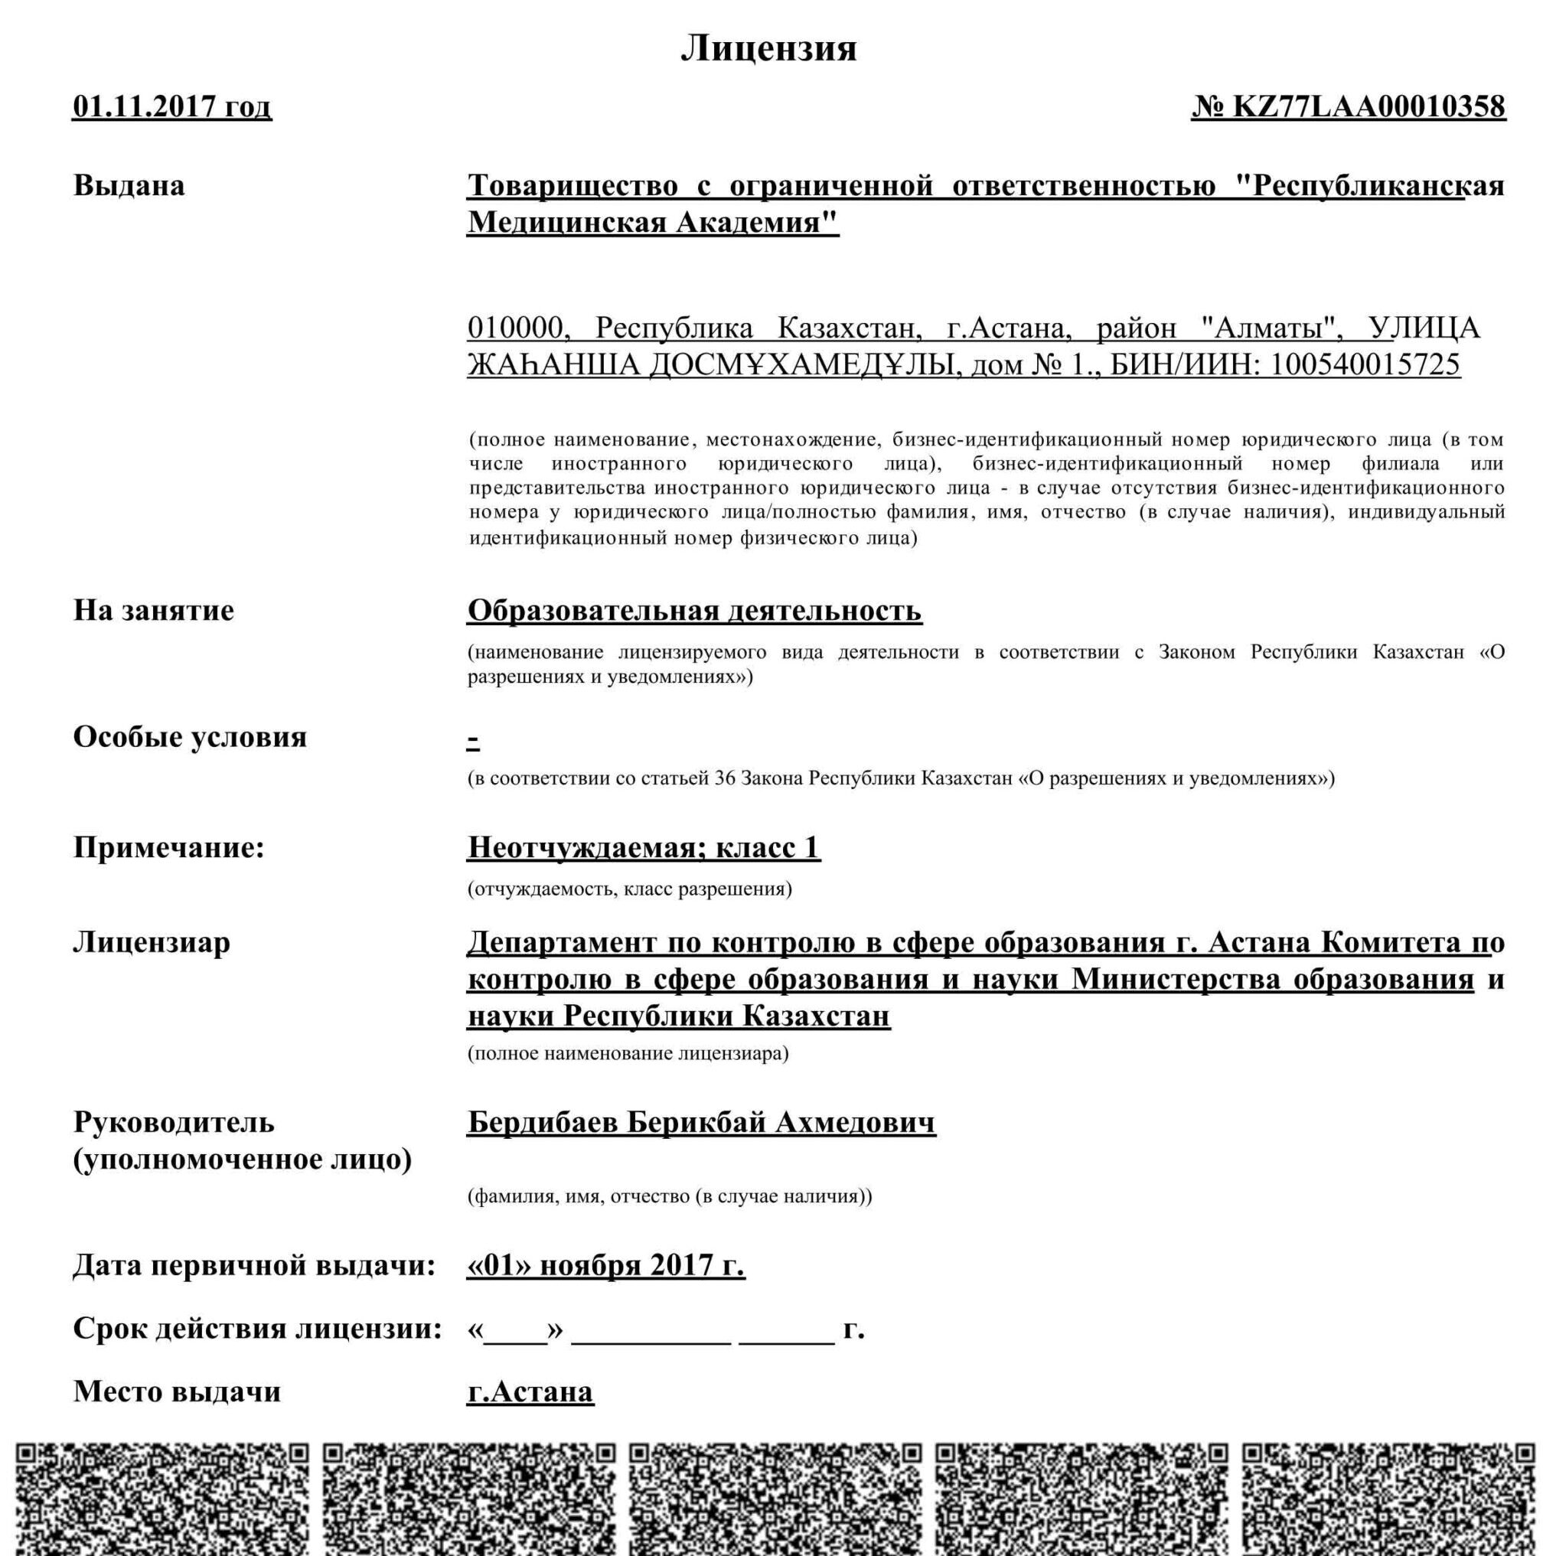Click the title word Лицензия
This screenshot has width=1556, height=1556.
pyautogui.click(x=769, y=48)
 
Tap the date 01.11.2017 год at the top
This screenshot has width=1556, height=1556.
pyautogui.click(x=172, y=107)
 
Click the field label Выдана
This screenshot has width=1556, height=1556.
pyautogui.click(x=129, y=185)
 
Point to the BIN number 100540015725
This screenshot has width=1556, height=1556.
pyautogui.click(x=1366, y=365)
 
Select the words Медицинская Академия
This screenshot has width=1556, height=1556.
pyautogui.click(x=652, y=221)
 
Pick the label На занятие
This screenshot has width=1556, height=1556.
pyautogui.click(x=154, y=610)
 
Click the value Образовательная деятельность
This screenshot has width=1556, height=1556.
pyautogui.click(x=694, y=611)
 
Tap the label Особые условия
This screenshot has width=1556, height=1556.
pyautogui.click(x=190, y=736)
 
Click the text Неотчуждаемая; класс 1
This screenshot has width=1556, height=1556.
pyautogui.click(x=644, y=847)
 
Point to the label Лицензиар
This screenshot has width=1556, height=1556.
pyautogui.click(x=152, y=941)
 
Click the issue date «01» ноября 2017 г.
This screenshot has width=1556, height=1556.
pyautogui.click(x=605, y=1265)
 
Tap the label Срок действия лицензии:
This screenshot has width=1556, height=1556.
pyautogui.click(x=258, y=1328)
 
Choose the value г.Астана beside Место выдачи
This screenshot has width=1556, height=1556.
pyautogui.click(x=530, y=1391)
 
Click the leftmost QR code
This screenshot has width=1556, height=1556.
pyautogui.click(x=162, y=1498)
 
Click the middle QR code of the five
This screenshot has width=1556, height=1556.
pyautogui.click(x=775, y=1498)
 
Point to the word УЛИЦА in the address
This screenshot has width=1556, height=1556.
pyautogui.click(x=1424, y=328)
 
